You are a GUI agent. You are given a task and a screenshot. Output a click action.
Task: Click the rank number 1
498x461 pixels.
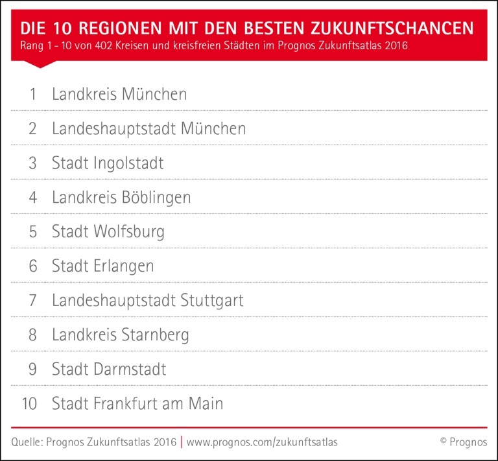pyautogui.click(x=32, y=94)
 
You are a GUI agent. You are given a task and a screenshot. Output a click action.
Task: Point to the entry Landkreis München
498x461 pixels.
pyautogui.click(x=119, y=94)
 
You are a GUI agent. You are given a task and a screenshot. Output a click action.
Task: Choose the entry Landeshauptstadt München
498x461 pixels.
pyautogui.click(x=148, y=128)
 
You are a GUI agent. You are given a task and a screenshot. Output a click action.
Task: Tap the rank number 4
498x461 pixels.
pyautogui.click(x=32, y=197)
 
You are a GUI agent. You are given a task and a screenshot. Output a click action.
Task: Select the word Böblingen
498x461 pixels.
pyautogui.click(x=156, y=198)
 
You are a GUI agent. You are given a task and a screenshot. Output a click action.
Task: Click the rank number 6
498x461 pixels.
pyautogui.click(x=32, y=266)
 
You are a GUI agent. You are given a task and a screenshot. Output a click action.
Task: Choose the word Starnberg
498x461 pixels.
pyautogui.click(x=156, y=335)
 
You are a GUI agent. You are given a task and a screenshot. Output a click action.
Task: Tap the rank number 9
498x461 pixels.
pyautogui.click(x=32, y=370)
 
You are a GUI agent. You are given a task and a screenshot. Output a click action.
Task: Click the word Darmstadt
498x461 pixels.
pyautogui.click(x=130, y=370)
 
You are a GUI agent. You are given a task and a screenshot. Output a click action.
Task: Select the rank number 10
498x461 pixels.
pyautogui.click(x=29, y=403)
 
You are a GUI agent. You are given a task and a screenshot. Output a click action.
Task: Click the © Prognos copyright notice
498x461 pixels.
pyautogui.click(x=463, y=442)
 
